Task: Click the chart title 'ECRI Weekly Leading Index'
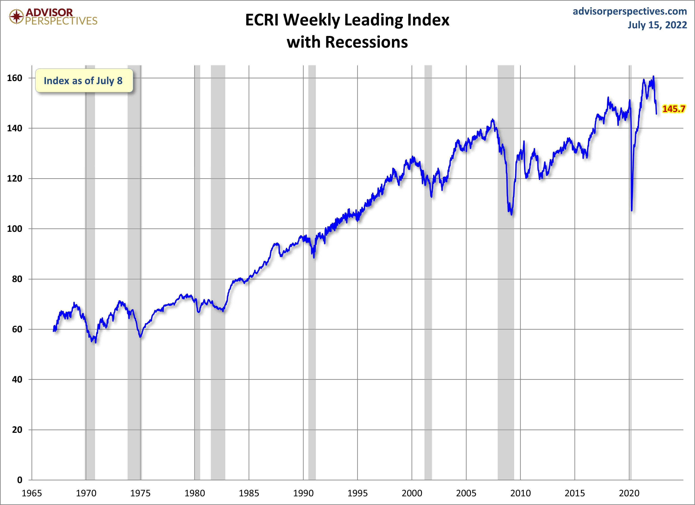(347, 20)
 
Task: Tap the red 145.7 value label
(673, 109)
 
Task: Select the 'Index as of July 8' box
(84, 81)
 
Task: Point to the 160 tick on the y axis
(15, 78)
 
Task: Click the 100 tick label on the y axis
(15, 229)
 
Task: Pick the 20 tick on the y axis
(17, 430)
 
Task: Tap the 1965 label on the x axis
(32, 493)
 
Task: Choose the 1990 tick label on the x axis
(303, 493)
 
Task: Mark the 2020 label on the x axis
(629, 493)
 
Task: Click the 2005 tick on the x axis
(466, 493)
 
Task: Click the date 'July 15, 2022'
(657, 25)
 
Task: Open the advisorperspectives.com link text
(630, 11)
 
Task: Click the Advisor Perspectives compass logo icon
(16, 16)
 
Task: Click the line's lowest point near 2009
(511, 214)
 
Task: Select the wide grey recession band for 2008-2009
(506, 337)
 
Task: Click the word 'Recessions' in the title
(366, 42)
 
